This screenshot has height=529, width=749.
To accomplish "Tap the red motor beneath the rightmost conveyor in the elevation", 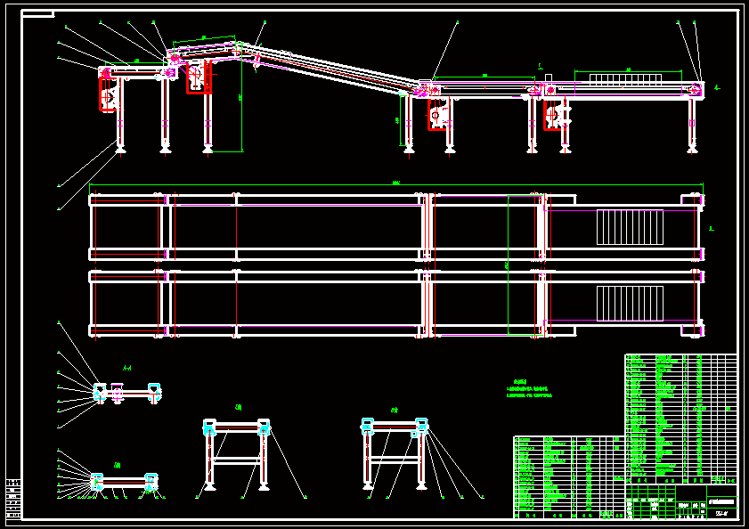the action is pos(552,114).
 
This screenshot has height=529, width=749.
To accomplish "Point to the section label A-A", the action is pos(127,368).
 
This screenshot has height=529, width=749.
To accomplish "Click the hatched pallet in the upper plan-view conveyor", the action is pos(630,227).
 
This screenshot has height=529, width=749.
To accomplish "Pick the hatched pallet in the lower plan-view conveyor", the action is pos(630,304).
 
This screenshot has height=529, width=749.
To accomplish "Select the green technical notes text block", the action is pos(530,389).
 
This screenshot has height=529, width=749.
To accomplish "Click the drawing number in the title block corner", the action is pos(721,511).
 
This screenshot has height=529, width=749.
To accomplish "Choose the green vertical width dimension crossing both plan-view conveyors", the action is pos(508,265).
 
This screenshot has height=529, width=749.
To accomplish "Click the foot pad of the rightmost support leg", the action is pos(692,150).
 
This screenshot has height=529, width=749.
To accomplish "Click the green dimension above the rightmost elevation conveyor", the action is pos(628,69).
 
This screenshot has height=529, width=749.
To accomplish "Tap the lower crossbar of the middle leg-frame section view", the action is pos(237,460).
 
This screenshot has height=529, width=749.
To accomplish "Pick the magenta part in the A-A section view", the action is pos(117,393).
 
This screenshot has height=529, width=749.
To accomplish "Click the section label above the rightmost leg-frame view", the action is pos(394,411).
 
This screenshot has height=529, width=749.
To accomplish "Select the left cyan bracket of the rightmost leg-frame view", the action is pos(368,425).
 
